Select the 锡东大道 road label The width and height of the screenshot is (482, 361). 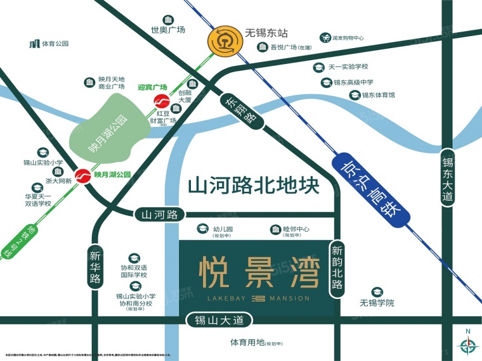coord(448,180)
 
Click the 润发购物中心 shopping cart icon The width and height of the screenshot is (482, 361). coord(325,38)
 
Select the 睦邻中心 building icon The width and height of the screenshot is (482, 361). coord(276,229)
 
